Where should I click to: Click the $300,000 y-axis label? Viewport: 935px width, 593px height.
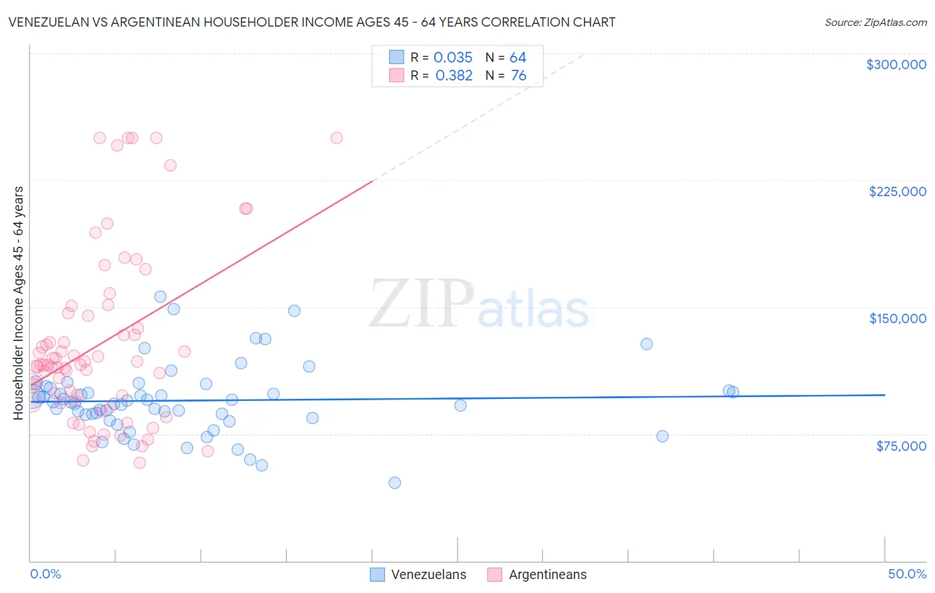[x=896, y=64]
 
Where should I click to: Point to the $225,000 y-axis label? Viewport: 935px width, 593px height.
[x=897, y=191]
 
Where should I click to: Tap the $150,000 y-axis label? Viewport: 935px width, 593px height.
[x=897, y=318]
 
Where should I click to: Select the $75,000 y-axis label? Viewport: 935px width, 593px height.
[x=900, y=446]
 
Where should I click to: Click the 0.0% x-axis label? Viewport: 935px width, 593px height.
[x=45, y=574]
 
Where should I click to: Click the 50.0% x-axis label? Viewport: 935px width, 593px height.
[x=906, y=574]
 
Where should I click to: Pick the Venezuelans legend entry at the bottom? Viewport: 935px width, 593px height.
[x=418, y=574]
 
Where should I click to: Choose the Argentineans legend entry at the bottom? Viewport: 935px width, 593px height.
[x=537, y=574]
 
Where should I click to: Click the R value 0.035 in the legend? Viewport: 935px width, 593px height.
[x=453, y=58]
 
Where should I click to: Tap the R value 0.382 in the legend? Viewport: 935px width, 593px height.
[x=454, y=76]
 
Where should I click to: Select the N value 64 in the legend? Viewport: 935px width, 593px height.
[x=517, y=58]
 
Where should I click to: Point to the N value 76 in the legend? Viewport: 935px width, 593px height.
[x=518, y=76]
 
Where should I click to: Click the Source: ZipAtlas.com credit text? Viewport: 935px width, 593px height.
[x=875, y=23]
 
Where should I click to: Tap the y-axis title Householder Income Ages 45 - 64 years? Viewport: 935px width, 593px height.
[x=18, y=303]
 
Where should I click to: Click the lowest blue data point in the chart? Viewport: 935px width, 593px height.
[x=394, y=483]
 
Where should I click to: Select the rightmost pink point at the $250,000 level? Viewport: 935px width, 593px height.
[x=336, y=138]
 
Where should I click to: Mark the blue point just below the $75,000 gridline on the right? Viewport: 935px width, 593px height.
[x=662, y=436]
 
